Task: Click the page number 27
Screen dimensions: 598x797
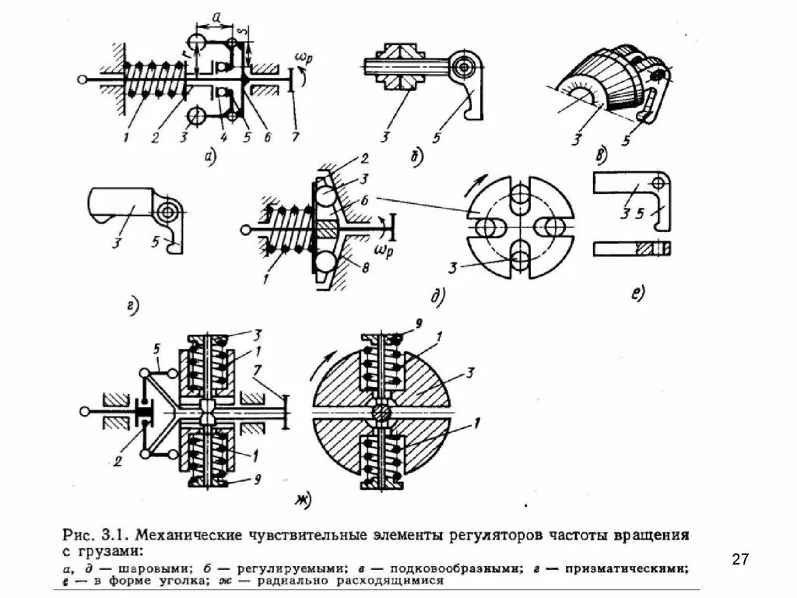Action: [x=740, y=558]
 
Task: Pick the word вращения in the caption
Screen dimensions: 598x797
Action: [x=654, y=536]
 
